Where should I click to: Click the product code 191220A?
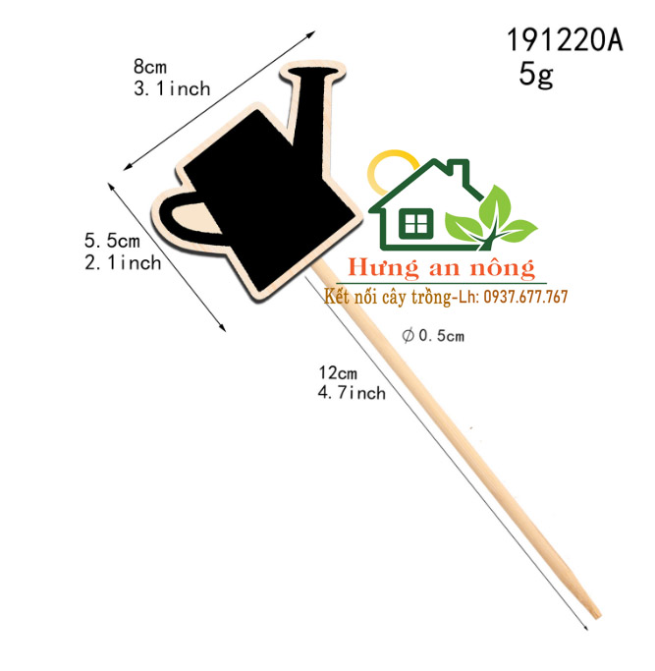[x=565, y=40]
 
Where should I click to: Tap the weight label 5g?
[x=536, y=75]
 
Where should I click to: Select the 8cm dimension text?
[x=149, y=67]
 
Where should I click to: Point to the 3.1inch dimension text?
[x=172, y=88]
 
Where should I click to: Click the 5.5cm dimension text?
[x=112, y=240]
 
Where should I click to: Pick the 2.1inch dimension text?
[x=123, y=262]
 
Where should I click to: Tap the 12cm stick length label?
[x=338, y=372]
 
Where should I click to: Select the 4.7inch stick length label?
[x=352, y=393]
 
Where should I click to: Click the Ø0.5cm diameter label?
[x=433, y=336]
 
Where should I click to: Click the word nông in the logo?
[x=503, y=268]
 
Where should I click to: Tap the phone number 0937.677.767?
[x=525, y=297]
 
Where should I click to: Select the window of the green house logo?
[x=415, y=223]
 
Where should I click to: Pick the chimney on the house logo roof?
[x=459, y=170]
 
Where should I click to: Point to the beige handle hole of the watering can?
[x=194, y=219]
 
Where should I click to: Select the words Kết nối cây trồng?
[x=387, y=297]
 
